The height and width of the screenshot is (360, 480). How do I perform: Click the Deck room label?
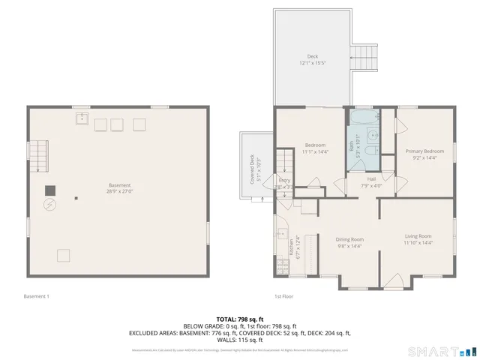pos(313,56)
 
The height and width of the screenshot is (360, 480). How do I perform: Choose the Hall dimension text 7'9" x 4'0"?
pos(371,185)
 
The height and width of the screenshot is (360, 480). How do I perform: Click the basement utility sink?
pos(80,118)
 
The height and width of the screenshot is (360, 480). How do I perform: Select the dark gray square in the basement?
pos(50,190)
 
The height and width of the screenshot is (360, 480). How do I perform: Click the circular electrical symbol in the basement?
pos(50,205)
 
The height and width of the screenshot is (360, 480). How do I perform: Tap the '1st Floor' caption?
pos(283,295)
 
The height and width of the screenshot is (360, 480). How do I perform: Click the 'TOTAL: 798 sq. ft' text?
pos(240,319)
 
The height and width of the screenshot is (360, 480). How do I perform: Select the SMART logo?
pos(441,351)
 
